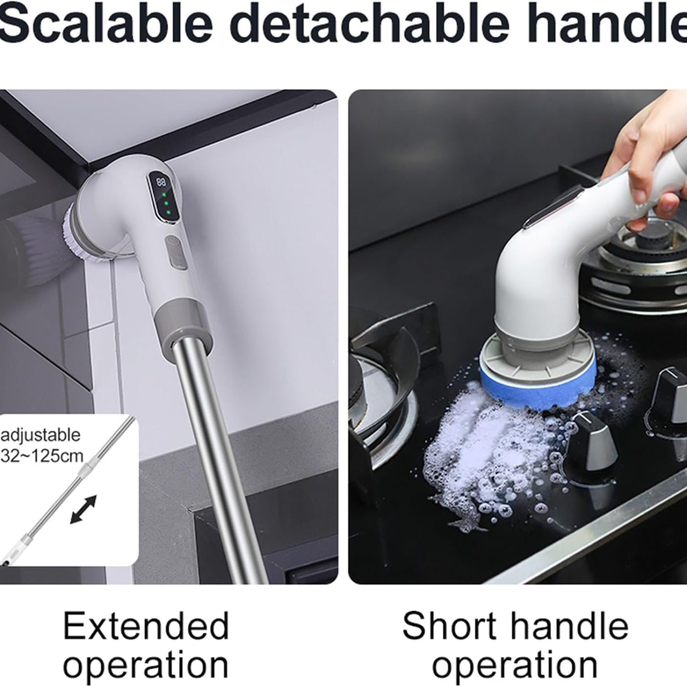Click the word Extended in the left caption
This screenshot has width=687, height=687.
coord(146,626)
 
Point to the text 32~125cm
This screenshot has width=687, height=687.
coord(42,456)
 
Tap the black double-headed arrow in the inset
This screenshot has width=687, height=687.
coord(83,509)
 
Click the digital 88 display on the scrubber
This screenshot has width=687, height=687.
coord(161,182)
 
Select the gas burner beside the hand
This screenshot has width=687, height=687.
coord(641,256)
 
